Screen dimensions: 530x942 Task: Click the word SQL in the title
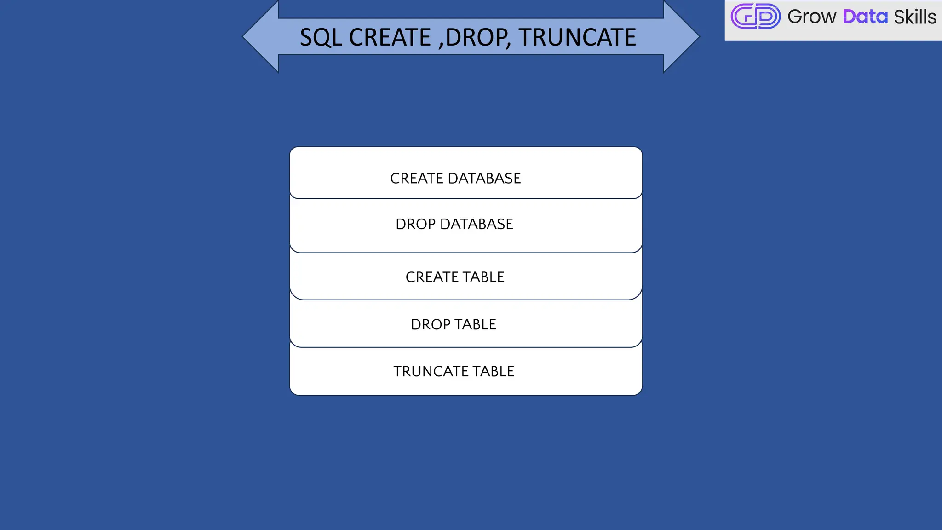(x=321, y=37)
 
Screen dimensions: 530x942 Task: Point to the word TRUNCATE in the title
(x=578, y=37)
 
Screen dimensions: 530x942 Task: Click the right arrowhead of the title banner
(x=681, y=37)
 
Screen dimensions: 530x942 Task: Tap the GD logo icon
(x=755, y=17)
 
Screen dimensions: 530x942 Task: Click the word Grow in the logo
(x=812, y=17)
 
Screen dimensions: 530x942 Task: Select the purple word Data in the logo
(x=865, y=17)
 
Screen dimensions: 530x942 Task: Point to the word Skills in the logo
(x=915, y=17)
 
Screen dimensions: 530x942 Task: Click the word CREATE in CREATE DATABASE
(x=416, y=179)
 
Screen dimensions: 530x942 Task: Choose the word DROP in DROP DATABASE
(x=415, y=224)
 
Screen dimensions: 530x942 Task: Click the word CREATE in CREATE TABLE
(x=431, y=277)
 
